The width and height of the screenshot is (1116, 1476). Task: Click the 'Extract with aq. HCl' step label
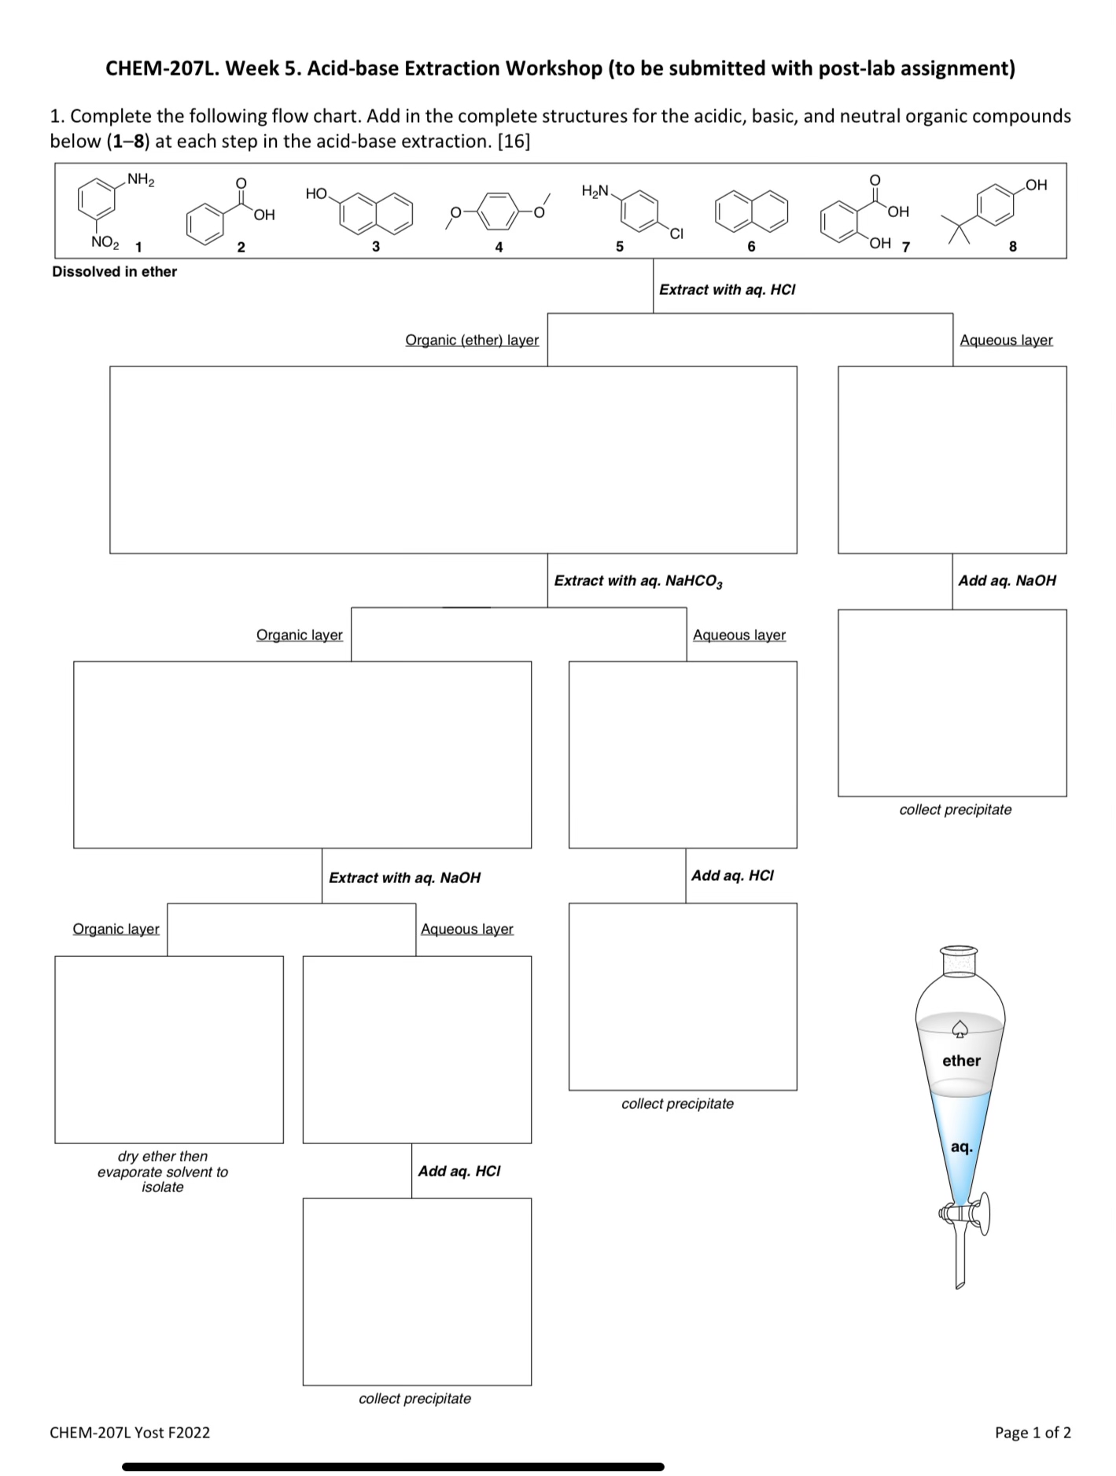coord(727,289)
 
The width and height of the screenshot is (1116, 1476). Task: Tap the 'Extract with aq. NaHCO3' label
coord(638,581)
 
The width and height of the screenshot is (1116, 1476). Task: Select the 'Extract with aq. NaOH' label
coord(404,878)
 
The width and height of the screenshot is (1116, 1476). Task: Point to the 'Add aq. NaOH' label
coord(1007,580)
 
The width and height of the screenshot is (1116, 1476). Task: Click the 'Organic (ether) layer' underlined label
coord(472,340)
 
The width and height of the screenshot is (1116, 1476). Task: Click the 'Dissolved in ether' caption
coord(114,271)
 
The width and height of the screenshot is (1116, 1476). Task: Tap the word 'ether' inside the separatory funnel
coord(961,1061)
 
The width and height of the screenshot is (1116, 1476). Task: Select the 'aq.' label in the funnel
coord(961,1147)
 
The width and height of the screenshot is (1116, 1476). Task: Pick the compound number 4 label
coord(499,247)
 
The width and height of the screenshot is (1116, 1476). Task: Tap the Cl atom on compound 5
coord(676,234)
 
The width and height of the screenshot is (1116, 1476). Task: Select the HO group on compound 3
coord(316,193)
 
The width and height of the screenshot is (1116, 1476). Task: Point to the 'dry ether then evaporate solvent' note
coord(163,1172)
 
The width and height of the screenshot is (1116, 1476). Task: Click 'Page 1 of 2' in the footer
coord(1033,1432)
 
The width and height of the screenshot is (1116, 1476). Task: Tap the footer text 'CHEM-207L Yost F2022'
coord(130,1432)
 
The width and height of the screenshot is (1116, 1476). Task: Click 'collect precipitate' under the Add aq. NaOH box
coord(955,809)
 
